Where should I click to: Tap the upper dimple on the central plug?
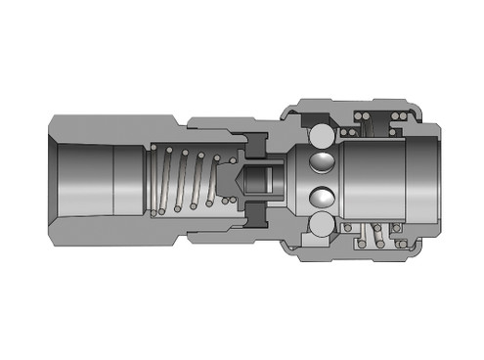(x=319, y=162)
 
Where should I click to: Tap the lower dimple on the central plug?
(x=319, y=198)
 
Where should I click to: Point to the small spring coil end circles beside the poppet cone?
(x=227, y=200)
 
